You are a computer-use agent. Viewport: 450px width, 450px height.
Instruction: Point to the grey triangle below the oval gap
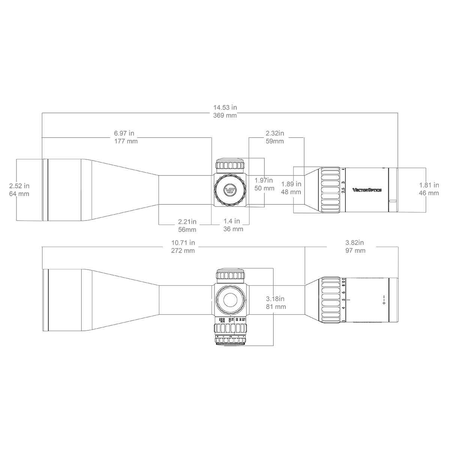point(276,330)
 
